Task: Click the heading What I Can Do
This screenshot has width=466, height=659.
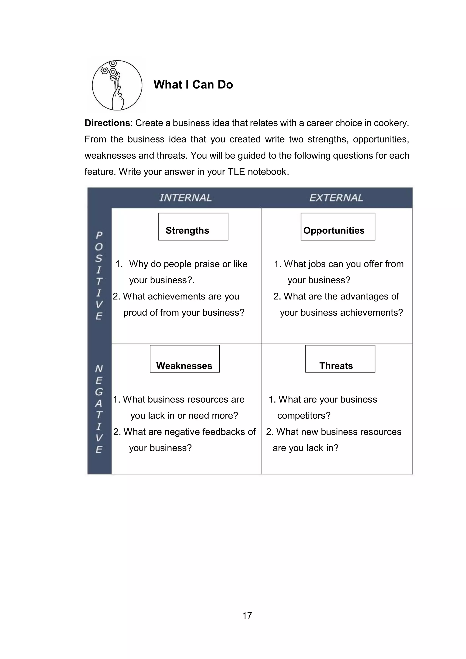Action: click(x=193, y=85)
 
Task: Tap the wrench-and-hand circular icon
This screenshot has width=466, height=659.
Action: click(x=117, y=85)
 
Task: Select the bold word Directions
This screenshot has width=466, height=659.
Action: click(x=107, y=123)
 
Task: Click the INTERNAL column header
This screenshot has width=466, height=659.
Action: click(x=185, y=198)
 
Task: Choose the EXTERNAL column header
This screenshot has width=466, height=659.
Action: click(x=336, y=198)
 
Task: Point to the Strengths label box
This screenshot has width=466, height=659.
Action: click(x=193, y=227)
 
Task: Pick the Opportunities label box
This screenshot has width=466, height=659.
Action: click(x=338, y=227)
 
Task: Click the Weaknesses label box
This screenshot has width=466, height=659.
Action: click(x=185, y=359)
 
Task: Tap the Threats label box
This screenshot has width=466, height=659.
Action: click(x=340, y=359)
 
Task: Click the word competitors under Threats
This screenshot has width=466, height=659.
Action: click(x=304, y=416)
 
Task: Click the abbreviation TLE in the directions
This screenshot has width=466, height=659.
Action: click(x=236, y=172)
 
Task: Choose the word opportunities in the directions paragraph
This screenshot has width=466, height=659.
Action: click(x=381, y=139)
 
